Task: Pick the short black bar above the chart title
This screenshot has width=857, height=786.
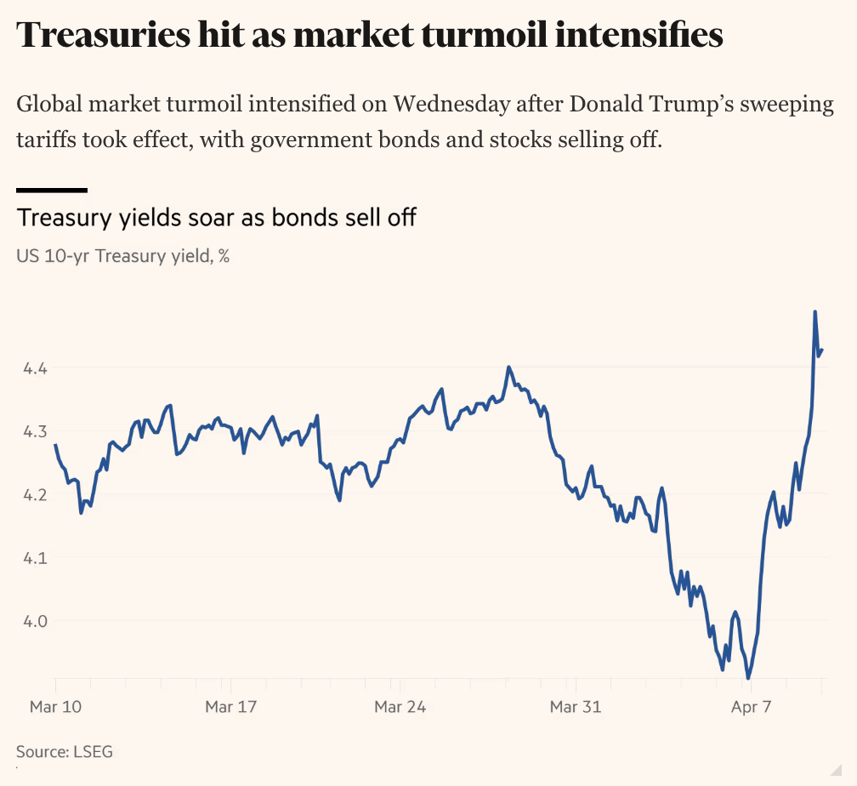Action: (x=52, y=190)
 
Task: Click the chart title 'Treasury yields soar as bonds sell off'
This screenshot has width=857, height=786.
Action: (x=217, y=218)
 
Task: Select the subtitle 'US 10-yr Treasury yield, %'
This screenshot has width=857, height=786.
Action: (x=123, y=255)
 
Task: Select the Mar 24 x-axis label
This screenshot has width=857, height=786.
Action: (x=400, y=706)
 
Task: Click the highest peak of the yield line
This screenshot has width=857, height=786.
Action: (x=815, y=312)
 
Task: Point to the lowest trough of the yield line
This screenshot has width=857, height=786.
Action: (x=748, y=678)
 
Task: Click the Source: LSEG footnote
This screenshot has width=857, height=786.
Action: (x=65, y=751)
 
